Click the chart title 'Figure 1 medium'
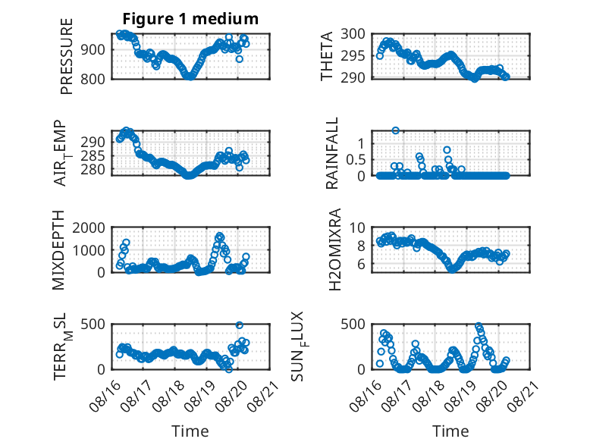tap(190, 19)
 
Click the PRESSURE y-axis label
tap(66, 56)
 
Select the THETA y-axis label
tap(327, 56)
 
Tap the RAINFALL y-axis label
tap(332, 153)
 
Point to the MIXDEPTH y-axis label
tap(58, 250)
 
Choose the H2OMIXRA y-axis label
tap(334, 249)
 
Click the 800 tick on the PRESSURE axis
tap(92, 80)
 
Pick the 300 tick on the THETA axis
tap(353, 34)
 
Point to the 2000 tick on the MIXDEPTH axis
tap(89, 227)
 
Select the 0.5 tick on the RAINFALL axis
tap(355, 160)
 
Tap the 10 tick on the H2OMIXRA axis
tap(357, 227)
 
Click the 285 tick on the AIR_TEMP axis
tap(93, 155)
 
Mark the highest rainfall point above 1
tap(395, 130)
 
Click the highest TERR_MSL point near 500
tap(240, 325)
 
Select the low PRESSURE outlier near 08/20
tap(240, 59)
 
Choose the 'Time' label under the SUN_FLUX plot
tap(450, 431)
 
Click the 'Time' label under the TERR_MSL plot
tap(190, 431)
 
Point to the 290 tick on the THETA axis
tap(353, 78)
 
